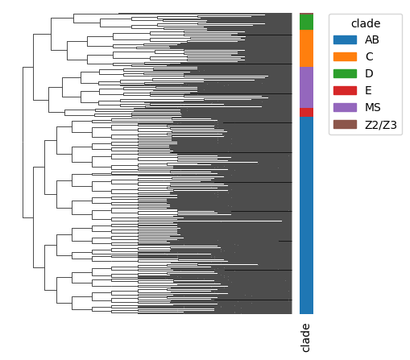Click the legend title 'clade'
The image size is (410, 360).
click(x=366, y=23)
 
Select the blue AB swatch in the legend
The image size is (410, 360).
click(x=345, y=39)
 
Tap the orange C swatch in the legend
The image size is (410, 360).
click(x=345, y=56)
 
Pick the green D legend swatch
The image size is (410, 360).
click(x=345, y=73)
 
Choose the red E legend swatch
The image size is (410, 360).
click(x=345, y=90)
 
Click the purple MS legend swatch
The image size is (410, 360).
click(x=345, y=107)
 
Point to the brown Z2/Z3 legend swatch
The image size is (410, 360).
click(x=345, y=125)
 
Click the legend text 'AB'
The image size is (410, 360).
click(x=372, y=39)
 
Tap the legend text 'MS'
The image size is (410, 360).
click(x=373, y=107)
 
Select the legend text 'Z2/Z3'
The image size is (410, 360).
click(x=381, y=125)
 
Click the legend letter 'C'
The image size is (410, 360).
click(x=369, y=56)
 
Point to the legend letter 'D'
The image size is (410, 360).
click(x=369, y=73)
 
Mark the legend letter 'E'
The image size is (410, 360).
click(x=368, y=90)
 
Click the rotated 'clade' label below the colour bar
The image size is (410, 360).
click(x=305, y=337)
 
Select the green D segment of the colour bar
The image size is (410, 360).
click(x=306, y=22)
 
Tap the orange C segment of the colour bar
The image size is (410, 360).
click(x=306, y=48)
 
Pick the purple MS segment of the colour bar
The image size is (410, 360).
click(x=306, y=87)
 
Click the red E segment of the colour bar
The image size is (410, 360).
click(x=306, y=112)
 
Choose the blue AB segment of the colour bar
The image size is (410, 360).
click(x=306, y=215)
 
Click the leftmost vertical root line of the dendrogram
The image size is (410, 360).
click(x=23, y=143)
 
